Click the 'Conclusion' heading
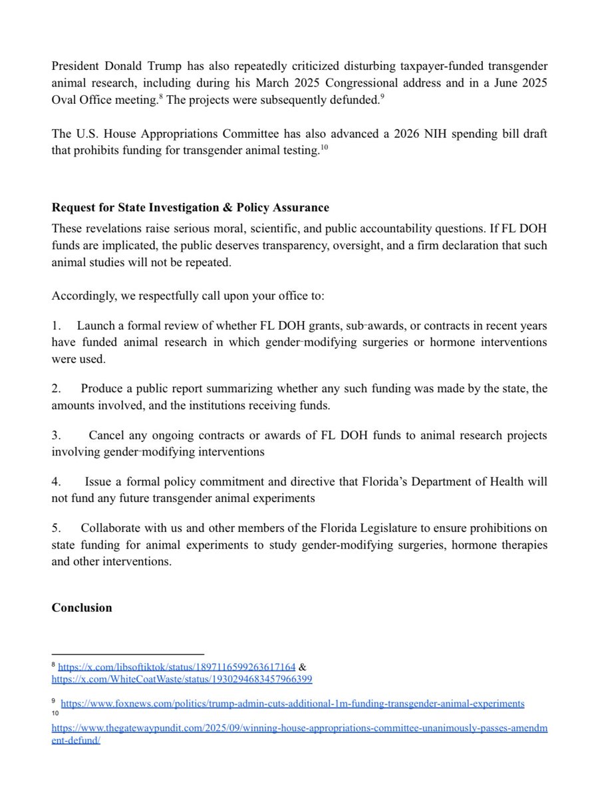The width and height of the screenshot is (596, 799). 82,607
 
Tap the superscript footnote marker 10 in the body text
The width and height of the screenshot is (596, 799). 325,147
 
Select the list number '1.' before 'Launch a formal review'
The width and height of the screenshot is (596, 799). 57,326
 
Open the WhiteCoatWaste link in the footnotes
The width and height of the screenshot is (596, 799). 182,679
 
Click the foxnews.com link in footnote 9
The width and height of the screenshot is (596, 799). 292,703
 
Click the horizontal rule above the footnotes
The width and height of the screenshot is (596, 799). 128,655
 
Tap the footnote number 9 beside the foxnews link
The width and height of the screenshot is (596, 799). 53,702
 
